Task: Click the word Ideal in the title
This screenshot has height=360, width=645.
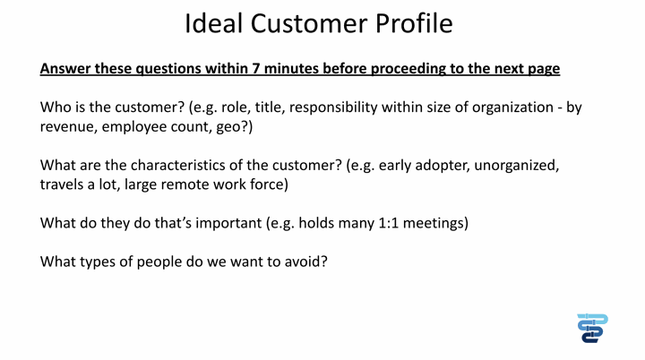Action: coord(213,23)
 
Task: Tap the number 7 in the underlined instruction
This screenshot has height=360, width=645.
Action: coord(256,68)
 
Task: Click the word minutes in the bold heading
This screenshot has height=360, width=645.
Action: coord(291,68)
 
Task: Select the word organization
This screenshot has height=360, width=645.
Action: coord(512,107)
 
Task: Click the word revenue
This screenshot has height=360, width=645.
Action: coord(68,127)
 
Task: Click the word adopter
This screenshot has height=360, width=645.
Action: coord(443,166)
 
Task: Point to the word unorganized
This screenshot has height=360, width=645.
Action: coord(517,166)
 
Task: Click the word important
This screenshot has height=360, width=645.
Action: coord(228,223)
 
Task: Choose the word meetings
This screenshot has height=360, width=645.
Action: coord(435,223)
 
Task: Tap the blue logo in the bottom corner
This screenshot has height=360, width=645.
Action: coord(592,328)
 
